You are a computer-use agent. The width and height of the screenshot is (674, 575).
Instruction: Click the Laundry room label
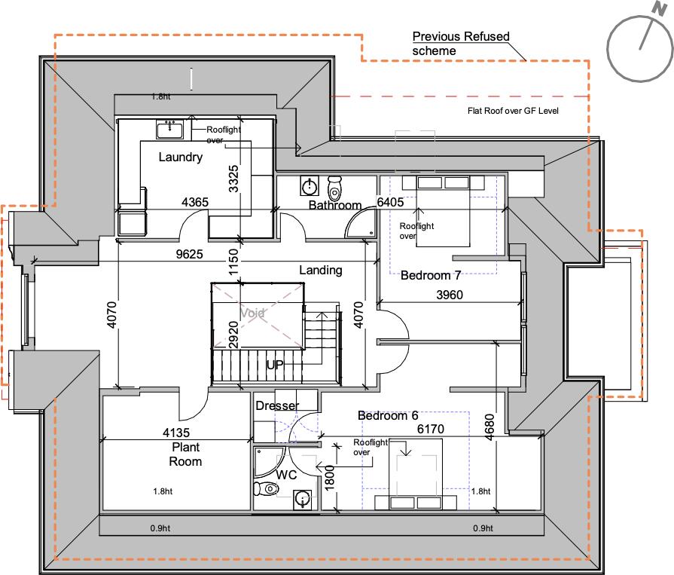[x=181, y=158]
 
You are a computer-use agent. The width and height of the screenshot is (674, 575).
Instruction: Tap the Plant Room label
[x=185, y=454]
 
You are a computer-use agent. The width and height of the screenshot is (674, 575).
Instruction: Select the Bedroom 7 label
[x=431, y=276]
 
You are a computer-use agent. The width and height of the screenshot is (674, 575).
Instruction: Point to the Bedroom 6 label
[x=387, y=415]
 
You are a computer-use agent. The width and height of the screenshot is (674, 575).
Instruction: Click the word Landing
[x=321, y=270]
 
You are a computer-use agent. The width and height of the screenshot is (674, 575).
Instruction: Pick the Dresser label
[x=277, y=406]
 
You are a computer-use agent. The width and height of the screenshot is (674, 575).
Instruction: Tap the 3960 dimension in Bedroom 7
[x=450, y=295]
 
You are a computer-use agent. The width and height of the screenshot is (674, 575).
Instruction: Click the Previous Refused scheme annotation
[x=461, y=43]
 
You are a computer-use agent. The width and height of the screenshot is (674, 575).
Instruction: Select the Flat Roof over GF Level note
[x=513, y=111]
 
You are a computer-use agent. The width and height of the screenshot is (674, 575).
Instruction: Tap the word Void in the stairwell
[x=253, y=313]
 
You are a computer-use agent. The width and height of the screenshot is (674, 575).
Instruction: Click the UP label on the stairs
[x=275, y=365]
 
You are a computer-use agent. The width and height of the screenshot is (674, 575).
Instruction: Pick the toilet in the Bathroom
[x=335, y=184]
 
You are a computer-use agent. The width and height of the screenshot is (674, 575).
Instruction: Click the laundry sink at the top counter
[x=170, y=129]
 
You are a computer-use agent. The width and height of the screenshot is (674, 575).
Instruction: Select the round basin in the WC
[x=303, y=498]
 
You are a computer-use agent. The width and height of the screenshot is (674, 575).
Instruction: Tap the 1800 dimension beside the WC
[x=328, y=478]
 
